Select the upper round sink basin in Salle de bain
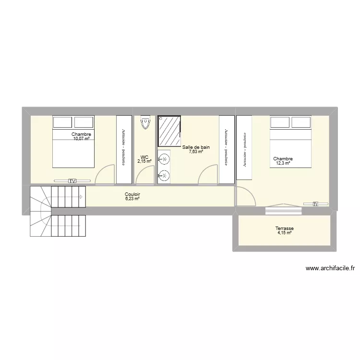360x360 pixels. coord(165,158)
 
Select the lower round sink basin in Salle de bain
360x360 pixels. coord(165,176)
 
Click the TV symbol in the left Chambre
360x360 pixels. coord(72,181)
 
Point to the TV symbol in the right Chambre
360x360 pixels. coord(315,204)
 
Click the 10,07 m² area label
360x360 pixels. coord(82,139)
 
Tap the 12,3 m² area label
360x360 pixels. coord(283,163)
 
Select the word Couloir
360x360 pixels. coord(132,194)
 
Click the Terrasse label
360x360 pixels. coord(285,229)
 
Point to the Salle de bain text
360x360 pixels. coord(196,147)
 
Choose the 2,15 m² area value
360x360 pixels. coord(144,161)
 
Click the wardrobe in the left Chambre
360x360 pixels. coord(124,149)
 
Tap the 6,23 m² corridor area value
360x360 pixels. coord(132,199)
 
